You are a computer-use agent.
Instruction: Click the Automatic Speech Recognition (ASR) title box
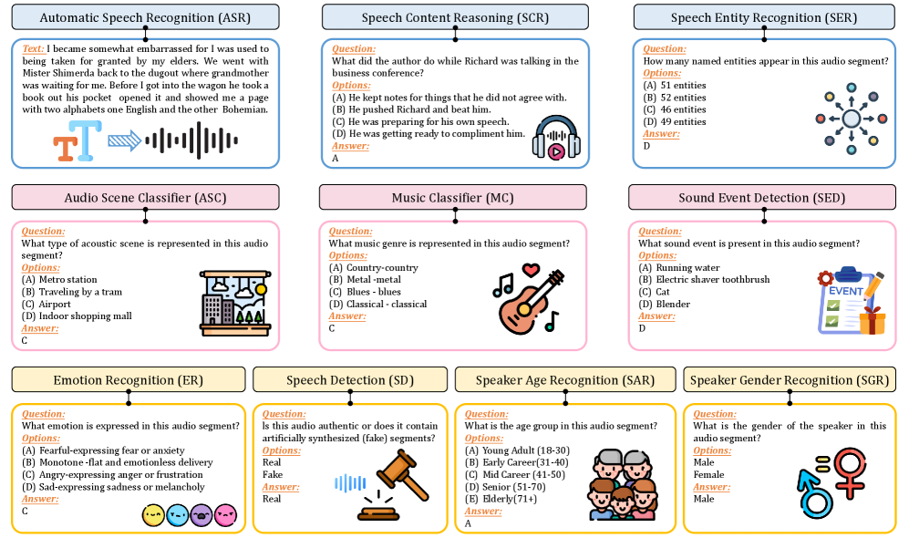point(145,17)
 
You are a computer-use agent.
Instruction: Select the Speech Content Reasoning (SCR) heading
point(452,17)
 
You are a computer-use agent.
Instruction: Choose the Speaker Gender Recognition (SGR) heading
point(789,379)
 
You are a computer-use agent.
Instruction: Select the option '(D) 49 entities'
point(675,121)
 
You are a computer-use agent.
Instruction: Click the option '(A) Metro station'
point(59,280)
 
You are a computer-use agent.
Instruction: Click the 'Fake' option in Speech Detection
point(273,474)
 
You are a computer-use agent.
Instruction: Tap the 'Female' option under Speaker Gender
point(708,474)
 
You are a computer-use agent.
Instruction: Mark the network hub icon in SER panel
point(851,118)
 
